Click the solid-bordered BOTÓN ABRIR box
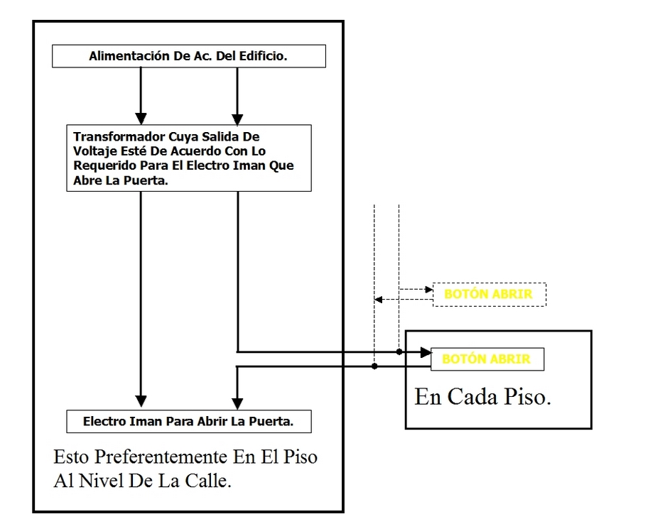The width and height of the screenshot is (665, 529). (x=487, y=359)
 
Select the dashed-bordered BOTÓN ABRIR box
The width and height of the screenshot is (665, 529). (x=490, y=294)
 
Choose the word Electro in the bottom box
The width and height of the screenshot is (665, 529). (x=104, y=421)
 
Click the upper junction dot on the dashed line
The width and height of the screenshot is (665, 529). (x=399, y=351)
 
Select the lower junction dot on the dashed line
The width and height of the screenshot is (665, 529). (x=374, y=366)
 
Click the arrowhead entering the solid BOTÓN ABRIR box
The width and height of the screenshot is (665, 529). (x=425, y=351)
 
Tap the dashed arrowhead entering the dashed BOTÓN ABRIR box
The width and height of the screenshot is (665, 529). (x=428, y=289)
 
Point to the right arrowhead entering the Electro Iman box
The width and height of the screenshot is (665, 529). (x=236, y=401)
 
